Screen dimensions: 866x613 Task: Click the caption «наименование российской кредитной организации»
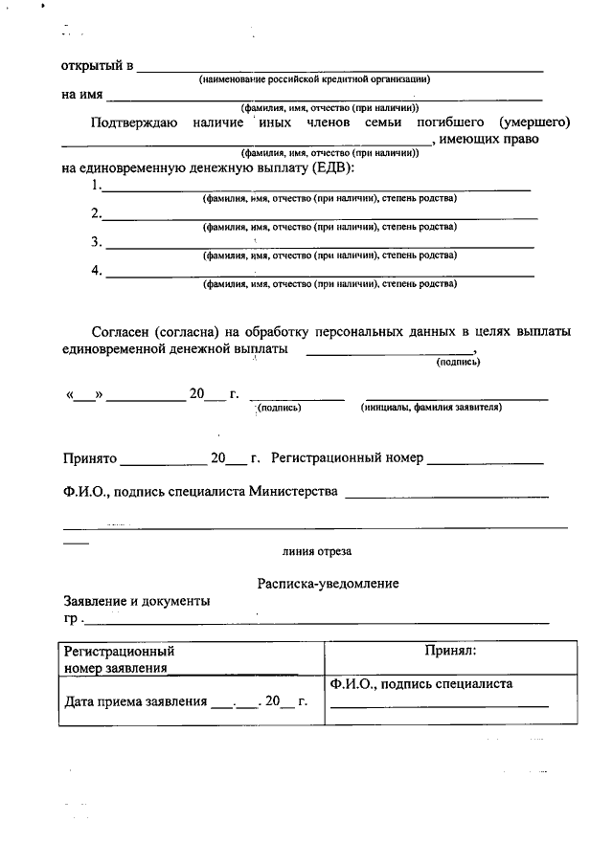coord(315,79)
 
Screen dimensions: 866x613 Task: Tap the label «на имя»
coord(82,95)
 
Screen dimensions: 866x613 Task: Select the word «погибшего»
coord(451,123)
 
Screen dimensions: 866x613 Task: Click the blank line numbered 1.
coord(316,189)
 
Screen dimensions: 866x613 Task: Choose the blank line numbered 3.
coord(320,246)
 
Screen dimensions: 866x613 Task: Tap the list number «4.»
coord(97,270)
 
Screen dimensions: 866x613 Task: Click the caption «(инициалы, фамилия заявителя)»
coord(432,407)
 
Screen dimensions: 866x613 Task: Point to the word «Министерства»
coord(293,492)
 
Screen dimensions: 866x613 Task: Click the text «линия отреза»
coord(317,552)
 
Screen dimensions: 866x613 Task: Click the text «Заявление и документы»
coord(136,602)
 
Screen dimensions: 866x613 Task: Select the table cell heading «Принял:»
coord(450,651)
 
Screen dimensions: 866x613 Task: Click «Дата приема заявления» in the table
coord(135,701)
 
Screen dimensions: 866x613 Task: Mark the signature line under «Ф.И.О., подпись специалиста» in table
coord(440,705)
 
